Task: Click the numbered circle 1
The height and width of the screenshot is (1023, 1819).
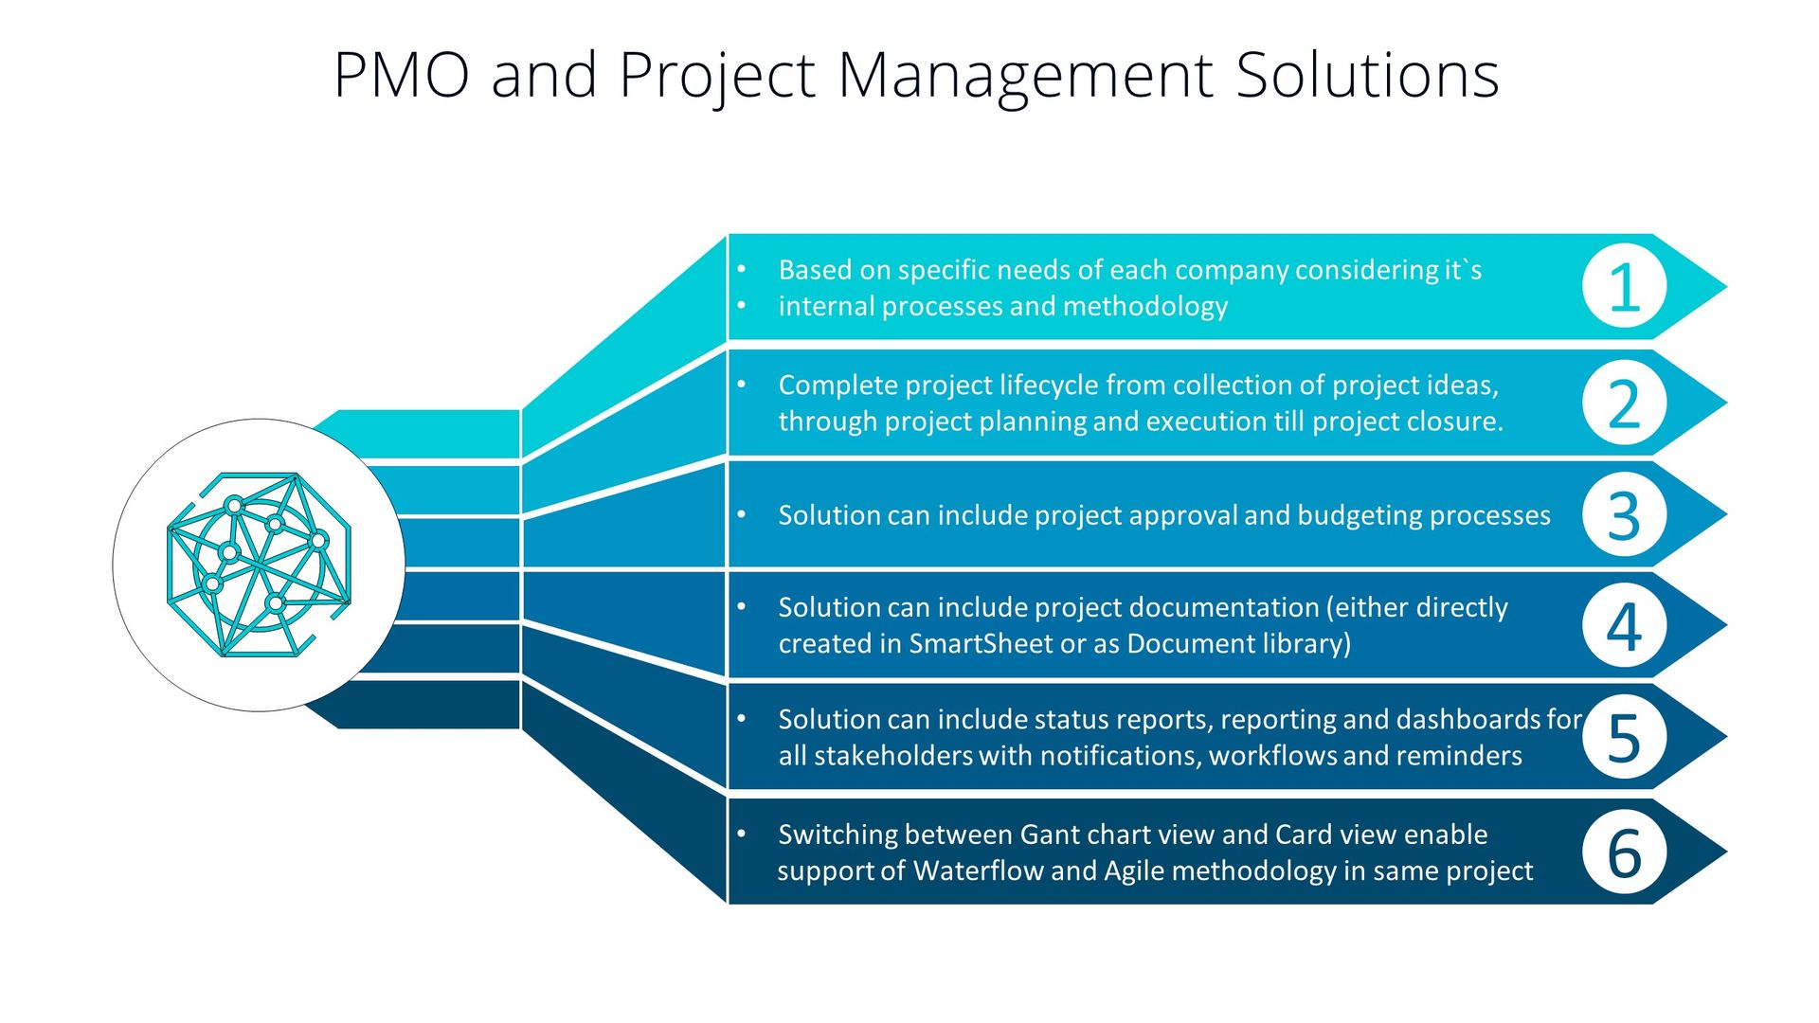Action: coord(1624,286)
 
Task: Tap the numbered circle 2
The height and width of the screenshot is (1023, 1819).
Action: coord(1624,403)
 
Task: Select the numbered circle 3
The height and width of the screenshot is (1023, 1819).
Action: coord(1624,514)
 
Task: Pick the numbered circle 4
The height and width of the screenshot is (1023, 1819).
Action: coord(1624,625)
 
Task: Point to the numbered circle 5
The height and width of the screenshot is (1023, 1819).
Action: coord(1624,737)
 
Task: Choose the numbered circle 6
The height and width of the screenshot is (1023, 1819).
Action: coord(1624,852)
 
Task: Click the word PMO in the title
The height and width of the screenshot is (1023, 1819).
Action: coord(402,75)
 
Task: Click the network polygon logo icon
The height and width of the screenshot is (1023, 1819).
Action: coord(259,565)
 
